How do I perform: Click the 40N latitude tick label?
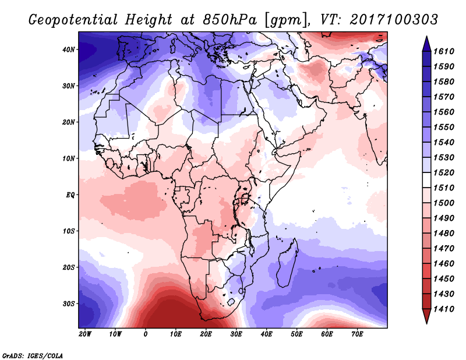pyautogui.click(x=68, y=50)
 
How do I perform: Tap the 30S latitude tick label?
pyautogui.click(x=68, y=304)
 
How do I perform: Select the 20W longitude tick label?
pyautogui.click(x=85, y=334)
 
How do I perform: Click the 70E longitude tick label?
pyautogui.click(x=357, y=334)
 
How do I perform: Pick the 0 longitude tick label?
pyautogui.click(x=145, y=334)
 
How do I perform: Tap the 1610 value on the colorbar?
pyautogui.click(x=444, y=51)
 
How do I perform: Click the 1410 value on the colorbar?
pyautogui.click(x=444, y=309)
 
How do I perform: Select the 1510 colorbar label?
pyautogui.click(x=444, y=188)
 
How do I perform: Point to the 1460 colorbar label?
pyautogui.click(x=444, y=264)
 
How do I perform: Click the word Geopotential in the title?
pyautogui.click(x=73, y=20)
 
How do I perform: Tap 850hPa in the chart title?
pyautogui.click(x=230, y=20)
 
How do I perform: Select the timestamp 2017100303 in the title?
pyautogui.click(x=394, y=20)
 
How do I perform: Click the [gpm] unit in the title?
pyautogui.click(x=286, y=20)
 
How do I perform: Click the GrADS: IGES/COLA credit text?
pyautogui.click(x=33, y=355)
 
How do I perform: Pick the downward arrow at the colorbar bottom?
pyautogui.click(x=426, y=316)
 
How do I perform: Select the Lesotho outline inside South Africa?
pyautogui.click(x=231, y=302)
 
